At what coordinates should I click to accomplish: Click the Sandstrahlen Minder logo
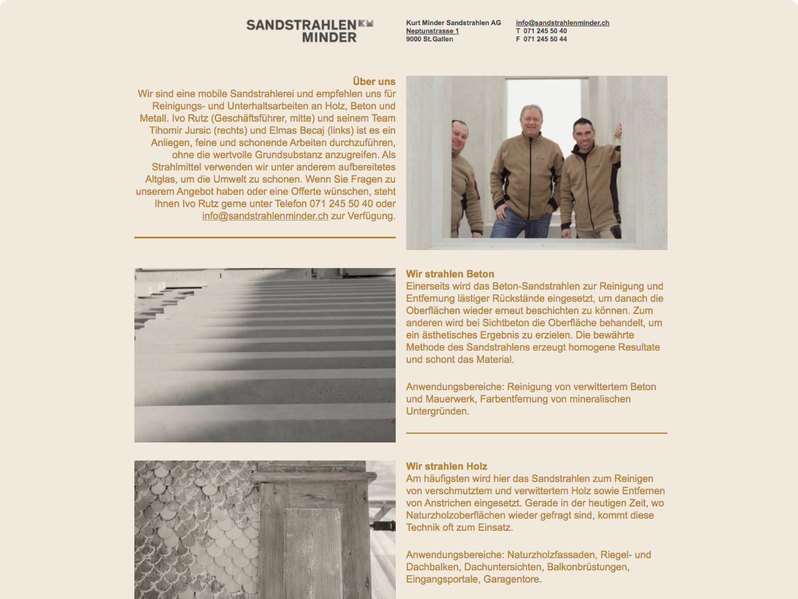[309, 30]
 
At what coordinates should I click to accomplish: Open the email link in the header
[562, 23]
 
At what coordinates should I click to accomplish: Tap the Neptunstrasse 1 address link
[432, 31]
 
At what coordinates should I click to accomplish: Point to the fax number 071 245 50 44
[545, 39]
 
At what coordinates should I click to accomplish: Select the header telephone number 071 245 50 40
[545, 31]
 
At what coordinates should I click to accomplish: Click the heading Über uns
[374, 82]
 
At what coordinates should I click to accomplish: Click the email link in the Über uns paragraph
[265, 216]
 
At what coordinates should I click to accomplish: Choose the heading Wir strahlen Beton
[450, 274]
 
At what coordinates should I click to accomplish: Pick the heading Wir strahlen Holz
[446, 466]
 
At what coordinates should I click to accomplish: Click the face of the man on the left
[460, 135]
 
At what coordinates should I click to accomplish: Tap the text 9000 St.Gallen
[429, 39]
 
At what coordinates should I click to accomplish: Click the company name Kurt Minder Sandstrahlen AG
[453, 23]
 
